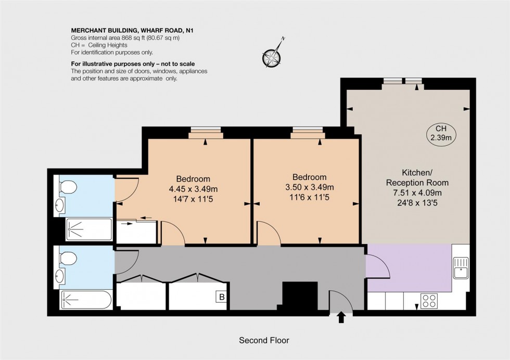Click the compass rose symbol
point(272,55)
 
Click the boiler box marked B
point(222,298)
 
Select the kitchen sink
point(461,269)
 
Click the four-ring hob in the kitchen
point(429,301)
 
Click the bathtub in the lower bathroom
point(86,300)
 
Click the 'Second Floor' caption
point(264,340)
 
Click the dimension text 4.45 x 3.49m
point(193,188)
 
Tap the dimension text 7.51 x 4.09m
point(417,193)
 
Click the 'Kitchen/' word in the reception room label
point(417,172)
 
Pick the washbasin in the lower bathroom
point(60,276)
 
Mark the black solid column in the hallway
point(299,295)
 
